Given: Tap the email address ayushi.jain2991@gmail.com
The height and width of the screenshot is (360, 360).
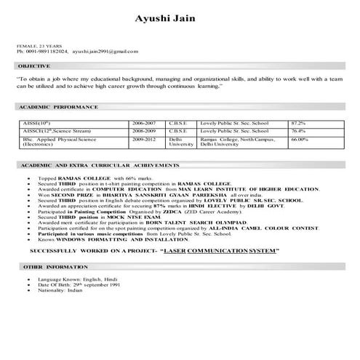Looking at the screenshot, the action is (105, 52).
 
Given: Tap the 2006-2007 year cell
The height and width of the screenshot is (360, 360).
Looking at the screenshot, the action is (144, 123).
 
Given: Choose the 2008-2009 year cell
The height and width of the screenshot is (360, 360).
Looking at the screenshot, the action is (144, 130).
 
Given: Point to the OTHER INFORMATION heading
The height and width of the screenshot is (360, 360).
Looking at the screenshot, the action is (46, 267).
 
